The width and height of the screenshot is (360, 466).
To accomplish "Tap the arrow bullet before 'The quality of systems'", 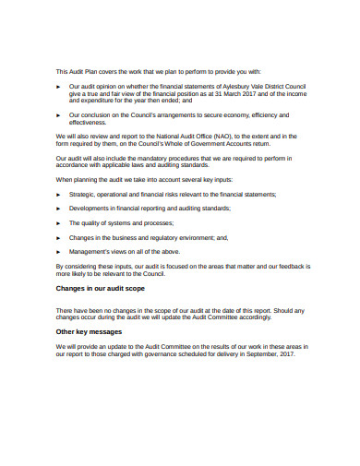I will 59,222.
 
